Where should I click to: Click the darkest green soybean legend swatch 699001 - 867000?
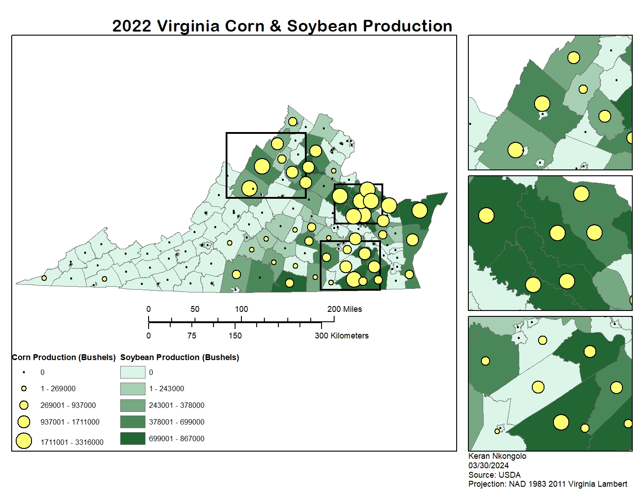pos(132,439)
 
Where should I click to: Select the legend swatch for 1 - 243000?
pos(132,388)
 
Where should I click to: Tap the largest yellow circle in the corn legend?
pos(24,441)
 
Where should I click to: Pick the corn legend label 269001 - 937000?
pos(68,405)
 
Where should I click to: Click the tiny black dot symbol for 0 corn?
pos(24,372)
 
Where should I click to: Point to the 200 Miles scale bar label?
pos(345,309)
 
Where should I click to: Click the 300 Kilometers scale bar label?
pos(341,336)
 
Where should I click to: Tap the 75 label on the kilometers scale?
pos(192,336)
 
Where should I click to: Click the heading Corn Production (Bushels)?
pos(63,357)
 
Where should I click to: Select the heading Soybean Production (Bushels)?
pos(179,357)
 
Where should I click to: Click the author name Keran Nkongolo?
pos(497,456)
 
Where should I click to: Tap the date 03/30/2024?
pos(489,466)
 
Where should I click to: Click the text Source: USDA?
pos(494,475)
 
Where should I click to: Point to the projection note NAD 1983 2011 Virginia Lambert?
pos(548,484)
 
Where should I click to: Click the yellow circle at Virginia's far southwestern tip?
pos(44,278)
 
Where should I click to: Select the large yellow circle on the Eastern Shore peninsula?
pos(419,210)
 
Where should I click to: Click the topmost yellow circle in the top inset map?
pos(573,58)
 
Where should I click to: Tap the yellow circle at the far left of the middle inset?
pos(486,215)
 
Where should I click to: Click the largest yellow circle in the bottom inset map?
pos(561,422)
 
